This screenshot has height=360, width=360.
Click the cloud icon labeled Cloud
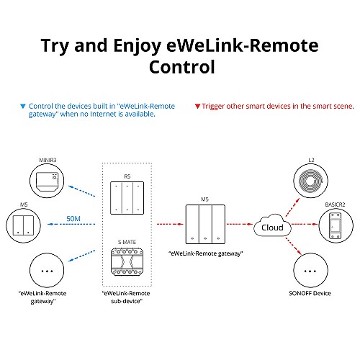(x=271, y=228)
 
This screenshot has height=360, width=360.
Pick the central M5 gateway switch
(x=207, y=224)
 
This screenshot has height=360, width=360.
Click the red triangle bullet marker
(x=198, y=106)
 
